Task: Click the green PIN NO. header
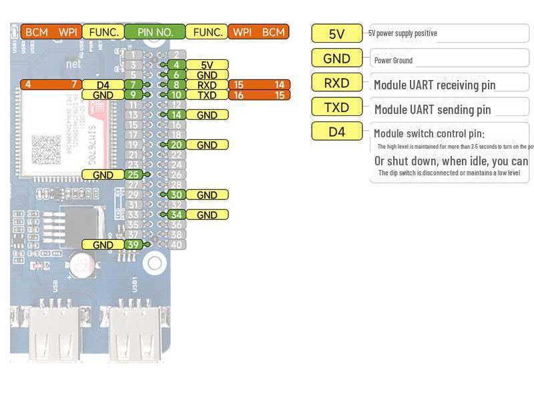(155, 31)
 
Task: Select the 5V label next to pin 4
(207, 65)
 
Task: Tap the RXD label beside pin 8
(207, 85)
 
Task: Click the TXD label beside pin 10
(207, 95)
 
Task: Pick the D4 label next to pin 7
(103, 85)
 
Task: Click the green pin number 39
(133, 245)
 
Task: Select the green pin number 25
(133, 175)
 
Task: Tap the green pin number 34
(176, 215)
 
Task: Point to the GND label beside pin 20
(207, 145)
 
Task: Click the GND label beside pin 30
(207, 195)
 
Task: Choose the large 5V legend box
(337, 33)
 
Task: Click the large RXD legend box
(337, 83)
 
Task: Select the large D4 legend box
(337, 131)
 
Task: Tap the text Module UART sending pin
(433, 109)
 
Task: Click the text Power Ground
(393, 61)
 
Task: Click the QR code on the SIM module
(46, 151)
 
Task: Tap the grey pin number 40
(176, 245)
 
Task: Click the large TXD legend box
(337, 107)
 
